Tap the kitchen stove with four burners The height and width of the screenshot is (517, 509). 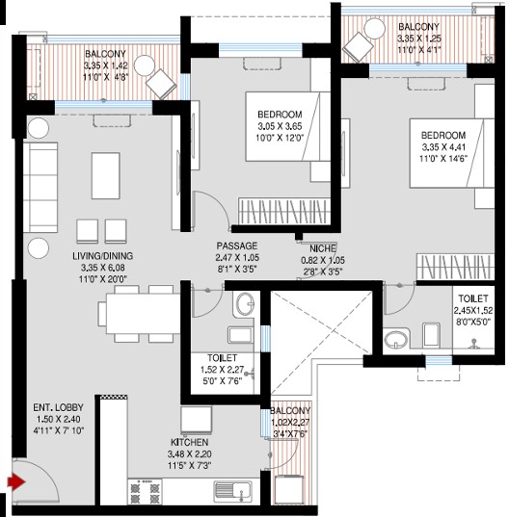click(x=145, y=492)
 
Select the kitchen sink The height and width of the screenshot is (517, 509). click(x=232, y=492)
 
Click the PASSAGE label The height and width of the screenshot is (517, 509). click(x=237, y=246)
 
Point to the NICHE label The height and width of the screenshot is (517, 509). click(x=323, y=248)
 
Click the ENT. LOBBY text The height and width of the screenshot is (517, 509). click(x=58, y=407)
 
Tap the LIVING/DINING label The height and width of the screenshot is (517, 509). click(x=102, y=256)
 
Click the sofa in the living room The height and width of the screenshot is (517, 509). click(x=40, y=188)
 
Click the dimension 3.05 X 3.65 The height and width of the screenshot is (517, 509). click(x=280, y=126)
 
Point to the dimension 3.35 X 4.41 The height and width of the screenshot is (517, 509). click(x=443, y=147)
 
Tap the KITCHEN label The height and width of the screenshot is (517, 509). click(x=190, y=443)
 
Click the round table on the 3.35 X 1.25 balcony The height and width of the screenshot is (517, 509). click(x=375, y=29)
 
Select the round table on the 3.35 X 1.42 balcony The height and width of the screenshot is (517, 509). click(x=145, y=65)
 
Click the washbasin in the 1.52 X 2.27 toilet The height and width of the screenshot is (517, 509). click(x=244, y=304)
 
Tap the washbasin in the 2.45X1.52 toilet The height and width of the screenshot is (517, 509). click(x=396, y=340)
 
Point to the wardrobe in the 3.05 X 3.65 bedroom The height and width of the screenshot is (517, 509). click(x=284, y=212)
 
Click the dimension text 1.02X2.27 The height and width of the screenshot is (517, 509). click(x=290, y=423)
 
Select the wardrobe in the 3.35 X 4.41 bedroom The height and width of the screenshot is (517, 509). click(x=456, y=267)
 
